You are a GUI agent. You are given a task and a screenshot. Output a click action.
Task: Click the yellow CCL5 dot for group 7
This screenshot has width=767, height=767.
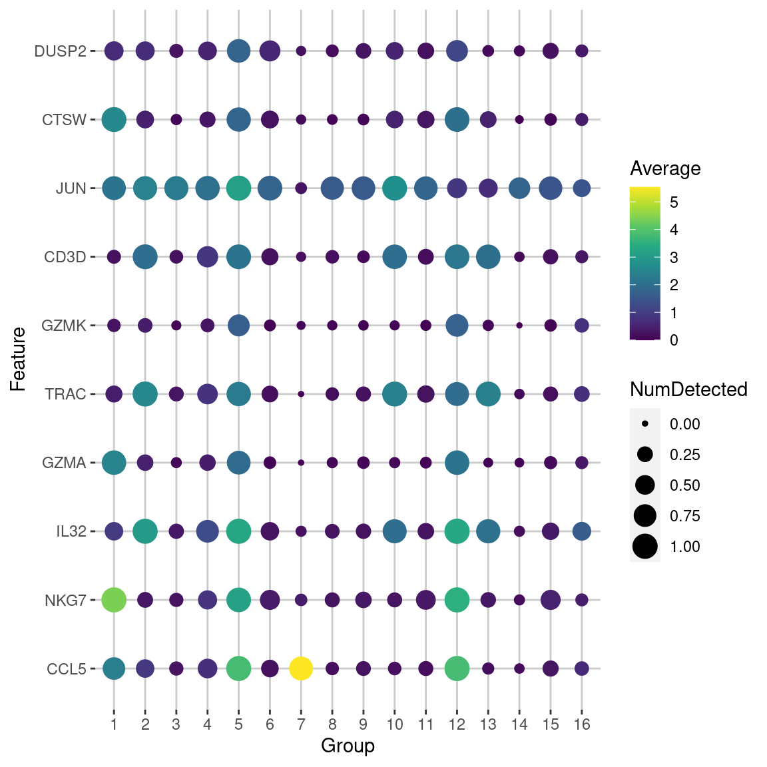coord(301,668)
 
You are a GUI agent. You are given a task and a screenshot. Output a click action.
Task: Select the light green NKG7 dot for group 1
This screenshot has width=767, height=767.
coord(114,600)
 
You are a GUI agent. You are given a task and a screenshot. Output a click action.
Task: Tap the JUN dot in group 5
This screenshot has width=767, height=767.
coord(238,188)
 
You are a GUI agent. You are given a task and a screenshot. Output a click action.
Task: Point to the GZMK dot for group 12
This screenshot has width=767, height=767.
coord(457,326)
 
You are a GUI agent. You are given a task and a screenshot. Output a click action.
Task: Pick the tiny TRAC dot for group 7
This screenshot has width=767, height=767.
coord(301,394)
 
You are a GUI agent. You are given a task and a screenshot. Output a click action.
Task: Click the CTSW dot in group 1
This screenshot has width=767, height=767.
coord(114,120)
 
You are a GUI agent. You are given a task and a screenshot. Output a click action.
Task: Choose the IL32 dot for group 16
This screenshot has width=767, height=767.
coord(581,531)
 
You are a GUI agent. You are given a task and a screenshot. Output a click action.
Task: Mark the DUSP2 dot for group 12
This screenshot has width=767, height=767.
coord(457,51)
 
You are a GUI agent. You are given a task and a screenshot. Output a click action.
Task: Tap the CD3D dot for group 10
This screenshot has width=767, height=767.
coord(395,257)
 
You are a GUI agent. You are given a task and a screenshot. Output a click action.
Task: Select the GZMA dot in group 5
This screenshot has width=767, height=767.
coord(238,463)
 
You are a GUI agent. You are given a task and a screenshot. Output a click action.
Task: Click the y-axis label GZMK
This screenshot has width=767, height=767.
coord(64,326)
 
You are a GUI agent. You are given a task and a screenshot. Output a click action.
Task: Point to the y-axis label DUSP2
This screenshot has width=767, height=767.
coord(61,51)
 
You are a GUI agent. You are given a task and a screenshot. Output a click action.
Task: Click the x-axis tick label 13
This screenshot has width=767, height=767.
coord(488,724)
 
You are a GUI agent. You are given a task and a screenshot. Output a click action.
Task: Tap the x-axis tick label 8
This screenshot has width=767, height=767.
coord(332,724)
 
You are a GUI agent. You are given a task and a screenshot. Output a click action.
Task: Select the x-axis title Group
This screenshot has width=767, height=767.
coord(348,746)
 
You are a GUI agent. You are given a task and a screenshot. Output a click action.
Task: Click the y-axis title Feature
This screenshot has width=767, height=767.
coord(18,360)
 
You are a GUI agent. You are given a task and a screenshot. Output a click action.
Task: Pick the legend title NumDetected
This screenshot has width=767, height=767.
coord(688,389)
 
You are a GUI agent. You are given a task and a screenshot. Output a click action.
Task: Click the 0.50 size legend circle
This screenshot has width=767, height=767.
coord(645,485)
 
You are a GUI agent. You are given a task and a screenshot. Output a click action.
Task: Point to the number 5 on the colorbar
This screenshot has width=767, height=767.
coord(674,202)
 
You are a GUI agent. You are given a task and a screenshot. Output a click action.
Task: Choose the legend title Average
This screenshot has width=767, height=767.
coord(665,168)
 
